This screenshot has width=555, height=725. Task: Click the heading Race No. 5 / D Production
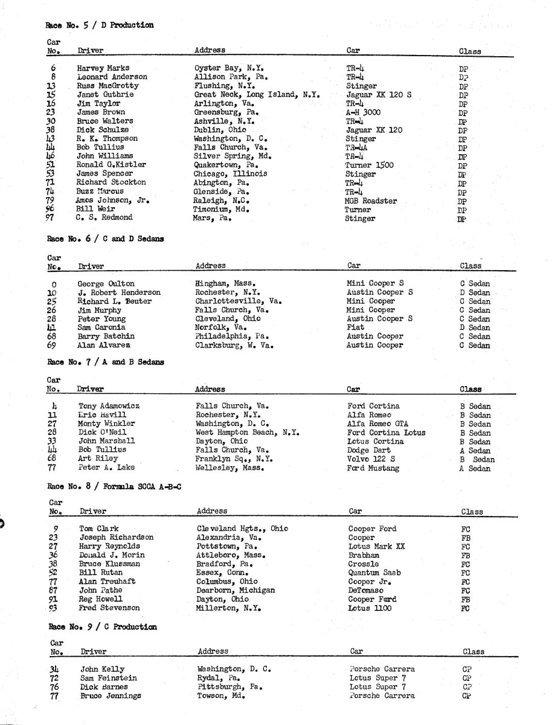click(x=100, y=25)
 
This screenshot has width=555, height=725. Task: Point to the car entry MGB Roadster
click(x=371, y=201)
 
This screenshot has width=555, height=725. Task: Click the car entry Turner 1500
click(x=370, y=165)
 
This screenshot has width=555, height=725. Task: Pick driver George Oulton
click(x=106, y=283)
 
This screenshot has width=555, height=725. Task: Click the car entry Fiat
click(x=355, y=327)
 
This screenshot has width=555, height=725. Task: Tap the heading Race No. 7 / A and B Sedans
click(x=106, y=362)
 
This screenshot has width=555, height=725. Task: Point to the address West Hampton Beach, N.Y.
click(x=243, y=433)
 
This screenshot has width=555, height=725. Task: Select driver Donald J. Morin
click(x=112, y=555)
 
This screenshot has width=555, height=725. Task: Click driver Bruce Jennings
click(x=111, y=695)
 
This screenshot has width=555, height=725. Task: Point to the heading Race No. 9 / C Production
click(x=103, y=627)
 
